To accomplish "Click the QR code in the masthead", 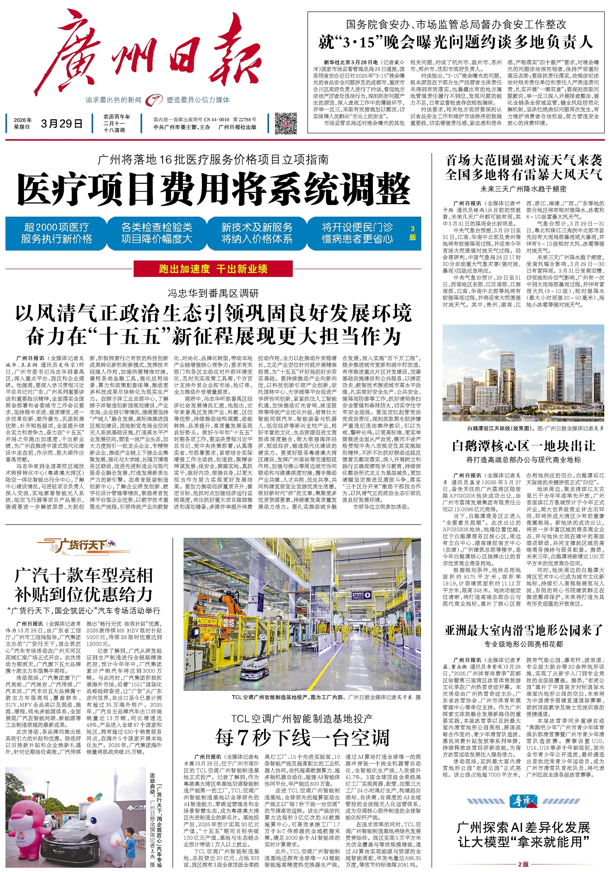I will pyautogui.click(x=285, y=123).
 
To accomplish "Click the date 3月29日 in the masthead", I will pyautogui.click(x=62, y=123).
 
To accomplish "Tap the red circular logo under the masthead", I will pyautogui.click(x=154, y=100).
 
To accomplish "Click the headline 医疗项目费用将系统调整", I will pyautogui.click(x=214, y=189).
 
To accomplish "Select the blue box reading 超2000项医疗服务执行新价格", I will pyautogui.click(x=56, y=233).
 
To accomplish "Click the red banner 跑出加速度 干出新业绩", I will pyautogui.click(x=213, y=269).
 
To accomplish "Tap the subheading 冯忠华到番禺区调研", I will pyautogui.click(x=213, y=293).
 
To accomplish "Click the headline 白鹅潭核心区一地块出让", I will pyautogui.click(x=524, y=446).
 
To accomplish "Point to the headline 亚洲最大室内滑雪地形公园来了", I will pyautogui.click(x=524, y=631).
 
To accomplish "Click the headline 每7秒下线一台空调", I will pyautogui.click(x=302, y=738).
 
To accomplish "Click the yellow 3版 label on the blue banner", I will pyautogui.click(x=413, y=233).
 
